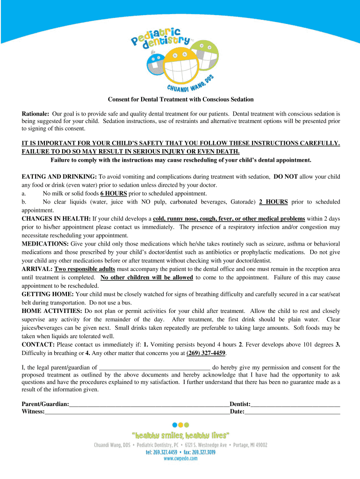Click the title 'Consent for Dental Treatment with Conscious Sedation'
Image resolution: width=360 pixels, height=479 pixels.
point(181,99)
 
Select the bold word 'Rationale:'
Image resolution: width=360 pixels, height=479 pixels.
point(36,114)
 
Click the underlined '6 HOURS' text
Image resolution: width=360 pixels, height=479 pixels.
point(114,193)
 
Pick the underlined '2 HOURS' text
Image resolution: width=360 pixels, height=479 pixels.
point(274,202)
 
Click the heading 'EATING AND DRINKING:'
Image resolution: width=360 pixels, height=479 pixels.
point(59,177)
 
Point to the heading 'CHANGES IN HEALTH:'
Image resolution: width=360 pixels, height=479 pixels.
point(56,218)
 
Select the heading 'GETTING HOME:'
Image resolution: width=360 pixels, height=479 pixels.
point(48,294)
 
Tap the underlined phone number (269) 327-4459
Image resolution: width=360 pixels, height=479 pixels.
point(206,353)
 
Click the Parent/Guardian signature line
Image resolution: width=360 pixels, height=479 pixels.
point(149,404)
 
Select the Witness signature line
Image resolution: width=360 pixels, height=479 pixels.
point(137,412)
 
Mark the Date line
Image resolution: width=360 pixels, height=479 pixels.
point(292,412)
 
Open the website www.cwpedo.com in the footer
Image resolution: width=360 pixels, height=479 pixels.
point(180,459)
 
